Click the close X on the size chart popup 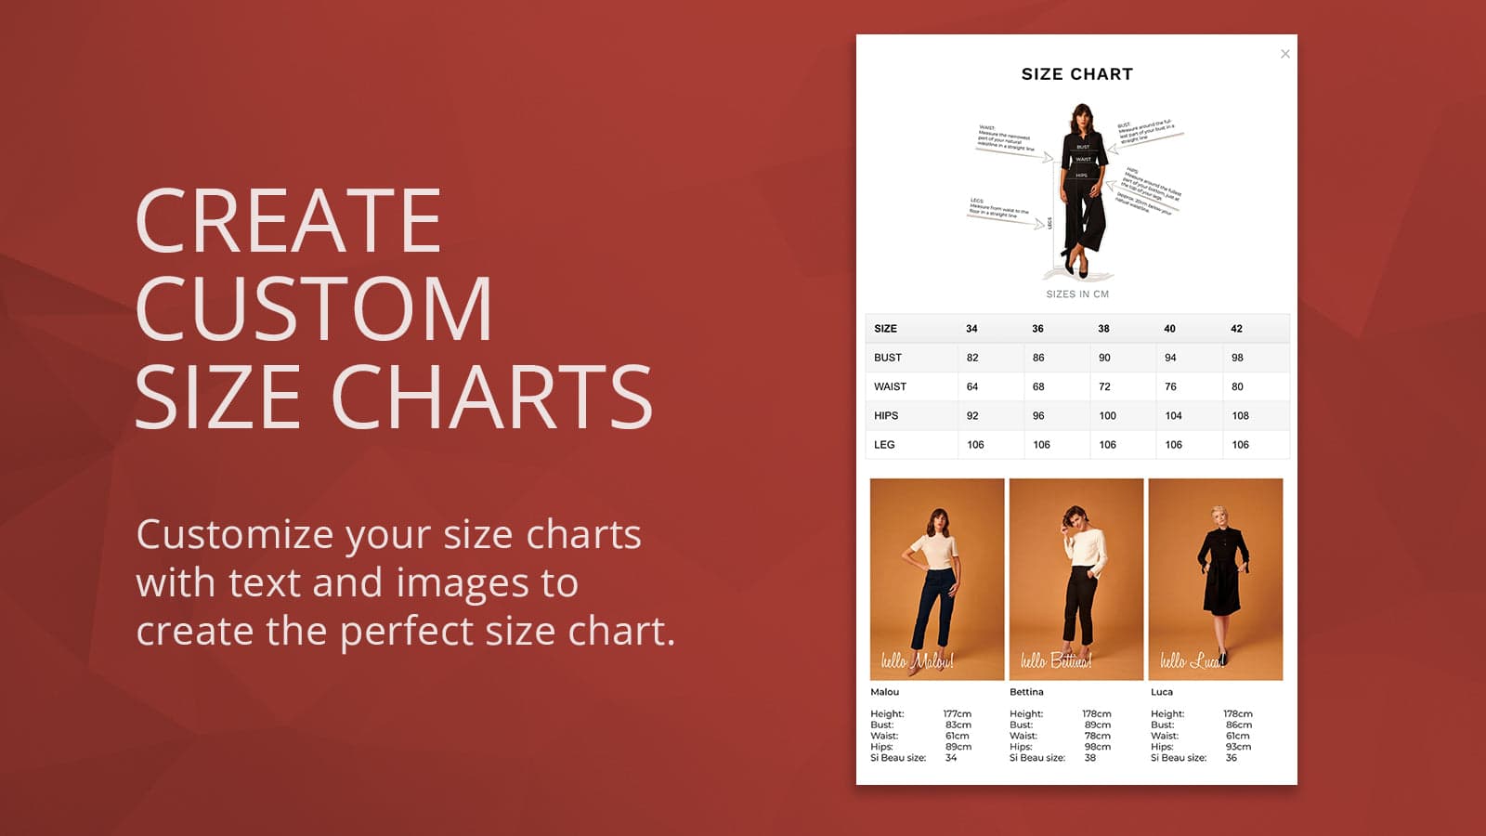(x=1285, y=54)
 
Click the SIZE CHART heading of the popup (x=1077, y=74)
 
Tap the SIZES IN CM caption (x=1077, y=294)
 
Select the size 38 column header (x=1103, y=329)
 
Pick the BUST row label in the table (x=888, y=358)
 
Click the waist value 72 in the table (x=1104, y=386)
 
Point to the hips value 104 (x=1174, y=416)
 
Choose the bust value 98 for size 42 (x=1237, y=358)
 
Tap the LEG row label (x=884, y=445)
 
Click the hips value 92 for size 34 (x=972, y=416)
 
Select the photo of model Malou (x=937, y=579)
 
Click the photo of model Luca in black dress (x=1216, y=579)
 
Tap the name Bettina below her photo (x=1026, y=692)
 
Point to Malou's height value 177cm (x=958, y=714)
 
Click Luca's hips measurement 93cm (x=1238, y=747)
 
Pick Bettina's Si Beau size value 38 (x=1090, y=758)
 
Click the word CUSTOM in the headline (x=314, y=308)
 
